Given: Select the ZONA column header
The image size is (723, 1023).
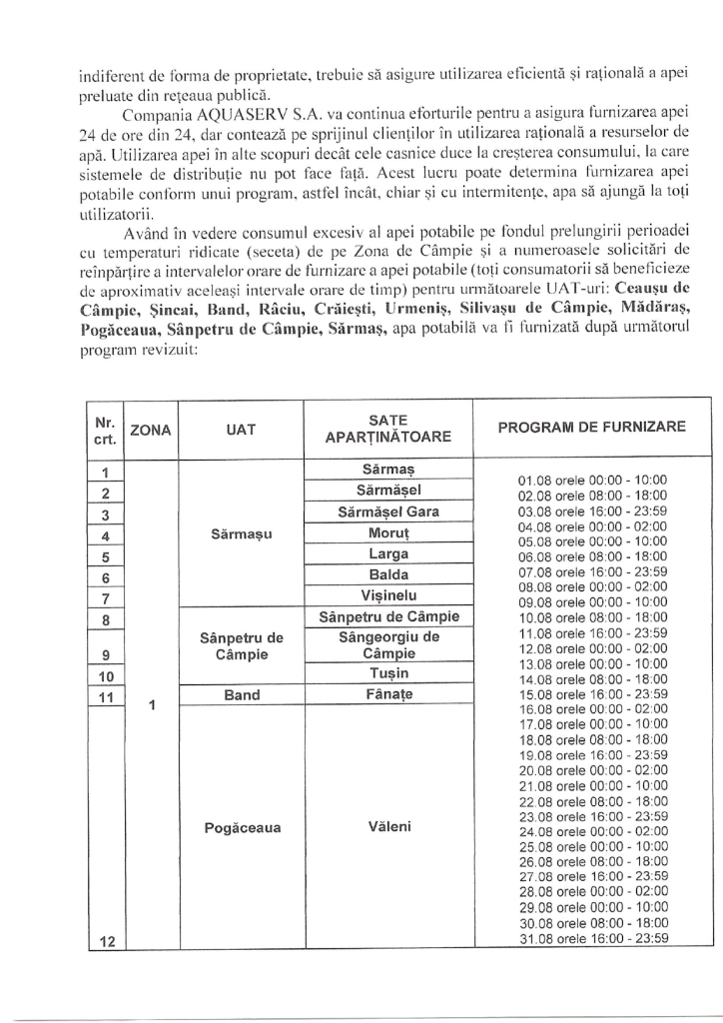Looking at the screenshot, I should coord(151,430).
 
